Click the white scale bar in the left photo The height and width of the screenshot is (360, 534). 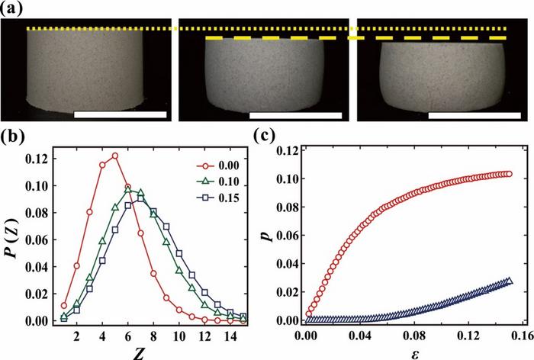point(120,114)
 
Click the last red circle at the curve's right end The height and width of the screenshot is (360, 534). point(509,174)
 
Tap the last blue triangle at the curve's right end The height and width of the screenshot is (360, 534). point(509,281)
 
